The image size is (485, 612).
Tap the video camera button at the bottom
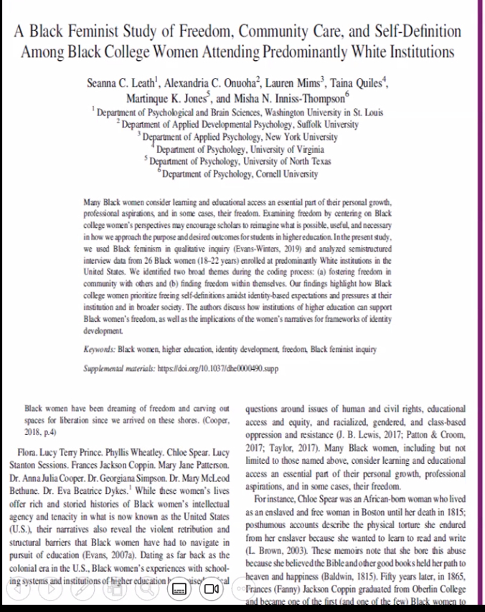coord(212,589)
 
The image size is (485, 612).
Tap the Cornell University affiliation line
coord(240,173)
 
